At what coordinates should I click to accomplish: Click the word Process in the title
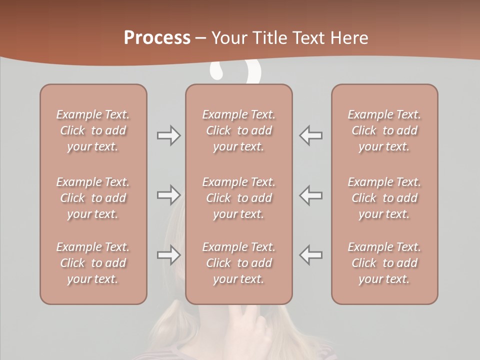[157, 37]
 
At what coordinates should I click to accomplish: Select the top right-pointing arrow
[168, 135]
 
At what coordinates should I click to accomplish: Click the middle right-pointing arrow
[168, 195]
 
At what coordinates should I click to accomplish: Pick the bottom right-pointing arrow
[168, 255]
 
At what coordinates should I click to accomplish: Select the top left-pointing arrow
[311, 135]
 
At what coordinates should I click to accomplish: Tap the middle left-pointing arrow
[311, 195]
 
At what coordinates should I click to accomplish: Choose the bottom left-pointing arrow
[311, 255]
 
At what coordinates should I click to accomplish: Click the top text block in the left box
[93, 130]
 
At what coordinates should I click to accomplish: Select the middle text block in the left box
[93, 198]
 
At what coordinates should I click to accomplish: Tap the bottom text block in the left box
[93, 263]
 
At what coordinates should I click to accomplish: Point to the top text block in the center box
[239, 130]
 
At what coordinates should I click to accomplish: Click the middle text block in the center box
[239, 198]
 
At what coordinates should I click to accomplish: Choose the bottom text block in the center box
[239, 263]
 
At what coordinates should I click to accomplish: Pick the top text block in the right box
[384, 130]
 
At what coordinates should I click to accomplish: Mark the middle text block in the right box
[384, 198]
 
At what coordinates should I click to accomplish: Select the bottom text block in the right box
[384, 263]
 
